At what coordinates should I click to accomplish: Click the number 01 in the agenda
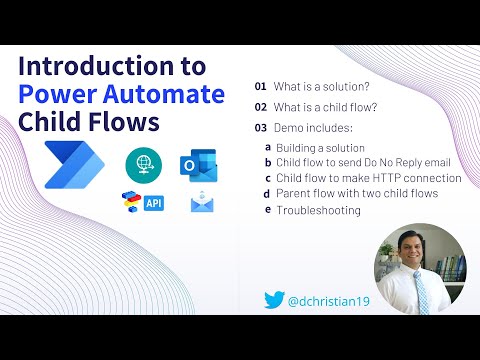point(261,86)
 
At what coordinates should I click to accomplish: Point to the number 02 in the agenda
point(261,106)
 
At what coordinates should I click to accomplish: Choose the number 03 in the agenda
point(261,127)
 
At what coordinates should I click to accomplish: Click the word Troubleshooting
point(318,210)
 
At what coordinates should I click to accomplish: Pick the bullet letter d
point(266,193)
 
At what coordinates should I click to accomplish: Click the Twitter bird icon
point(275,298)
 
